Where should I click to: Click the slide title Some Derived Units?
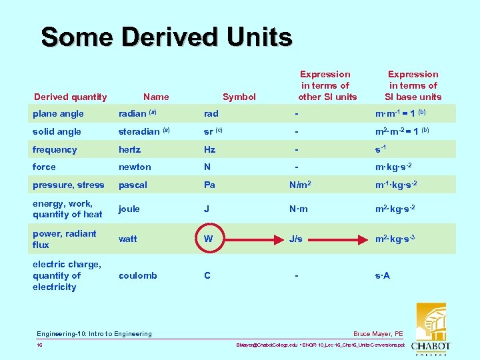tap(167, 37)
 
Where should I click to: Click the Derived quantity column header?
tap(70, 97)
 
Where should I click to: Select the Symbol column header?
tap(239, 97)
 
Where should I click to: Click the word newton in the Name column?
tap(135, 167)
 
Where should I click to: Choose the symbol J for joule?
tap(207, 209)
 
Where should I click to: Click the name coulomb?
tap(137, 275)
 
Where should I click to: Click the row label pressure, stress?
tap(68, 185)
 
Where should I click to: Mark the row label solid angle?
tap(57, 131)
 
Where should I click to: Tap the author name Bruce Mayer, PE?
tap(378, 333)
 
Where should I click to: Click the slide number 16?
tap(41, 345)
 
